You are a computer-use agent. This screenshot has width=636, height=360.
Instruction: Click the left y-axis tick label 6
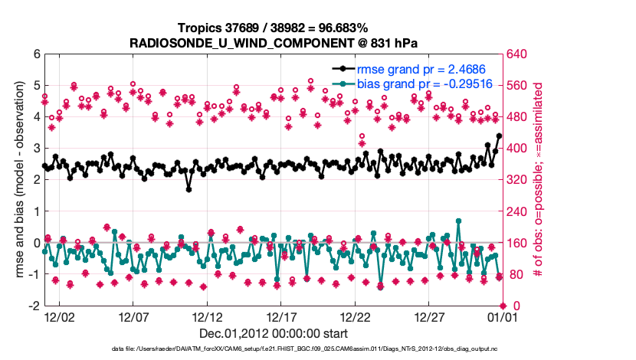click(x=35, y=54)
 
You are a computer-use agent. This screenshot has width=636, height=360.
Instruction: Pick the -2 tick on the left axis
click(x=34, y=306)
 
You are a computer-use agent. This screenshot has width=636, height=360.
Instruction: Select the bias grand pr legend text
click(x=406, y=83)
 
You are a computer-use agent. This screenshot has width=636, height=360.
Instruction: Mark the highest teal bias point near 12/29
click(x=458, y=221)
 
